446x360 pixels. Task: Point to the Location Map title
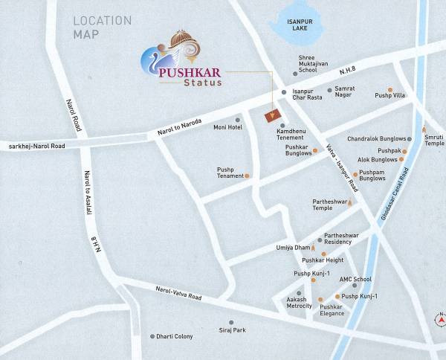click(x=102, y=28)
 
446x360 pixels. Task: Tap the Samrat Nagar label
click(x=345, y=92)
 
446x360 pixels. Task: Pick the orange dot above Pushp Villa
click(x=390, y=89)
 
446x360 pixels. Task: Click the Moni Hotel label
click(x=228, y=127)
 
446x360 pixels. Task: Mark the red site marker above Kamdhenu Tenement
click(x=272, y=115)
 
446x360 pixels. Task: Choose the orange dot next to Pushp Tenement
click(x=248, y=176)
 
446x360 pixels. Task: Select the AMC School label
click(x=355, y=279)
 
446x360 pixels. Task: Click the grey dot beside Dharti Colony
click(x=152, y=336)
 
